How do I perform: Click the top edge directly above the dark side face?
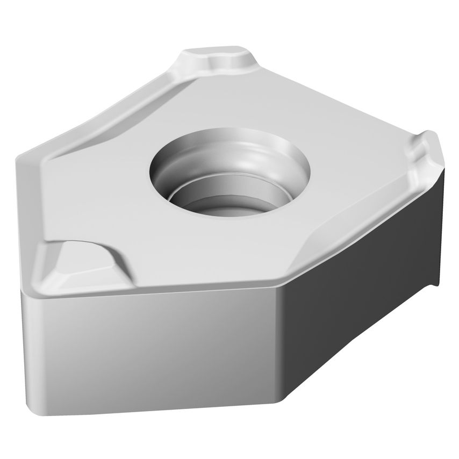pyautogui.click(x=360, y=226)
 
